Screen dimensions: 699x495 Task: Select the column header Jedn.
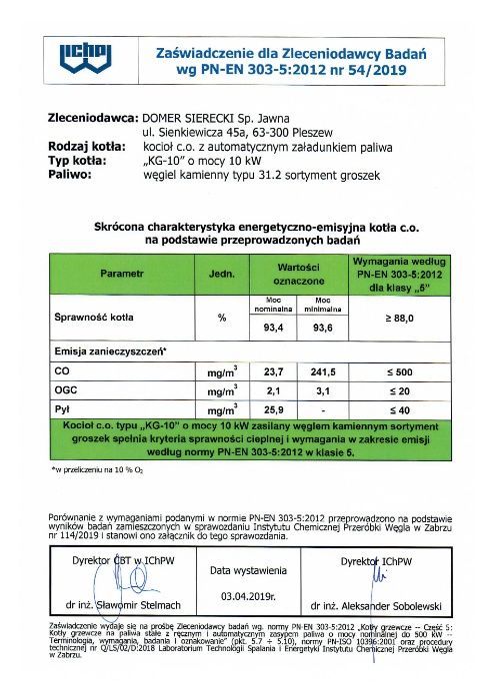pos(221,272)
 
